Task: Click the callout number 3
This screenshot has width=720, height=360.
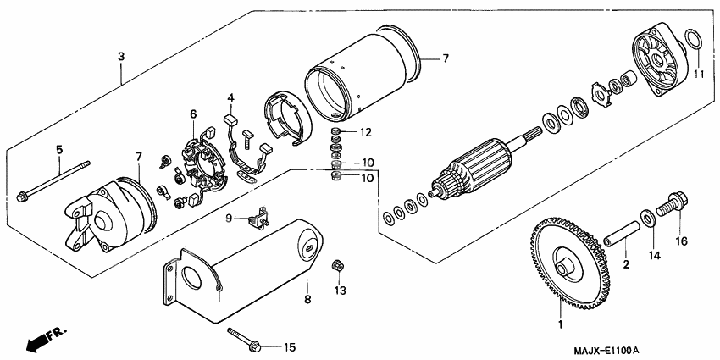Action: pyautogui.click(x=121, y=56)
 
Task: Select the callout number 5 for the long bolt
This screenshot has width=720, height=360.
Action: pyautogui.click(x=59, y=150)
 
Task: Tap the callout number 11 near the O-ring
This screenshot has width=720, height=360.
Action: pyautogui.click(x=699, y=75)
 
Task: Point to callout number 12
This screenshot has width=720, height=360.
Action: pyautogui.click(x=366, y=132)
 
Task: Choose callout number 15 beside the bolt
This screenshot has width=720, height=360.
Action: pyautogui.click(x=290, y=346)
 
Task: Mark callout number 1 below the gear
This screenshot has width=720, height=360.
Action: pyautogui.click(x=559, y=324)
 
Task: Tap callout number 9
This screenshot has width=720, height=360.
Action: pyautogui.click(x=229, y=219)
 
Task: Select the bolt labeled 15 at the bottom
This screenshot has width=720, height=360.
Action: pyautogui.click(x=245, y=341)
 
